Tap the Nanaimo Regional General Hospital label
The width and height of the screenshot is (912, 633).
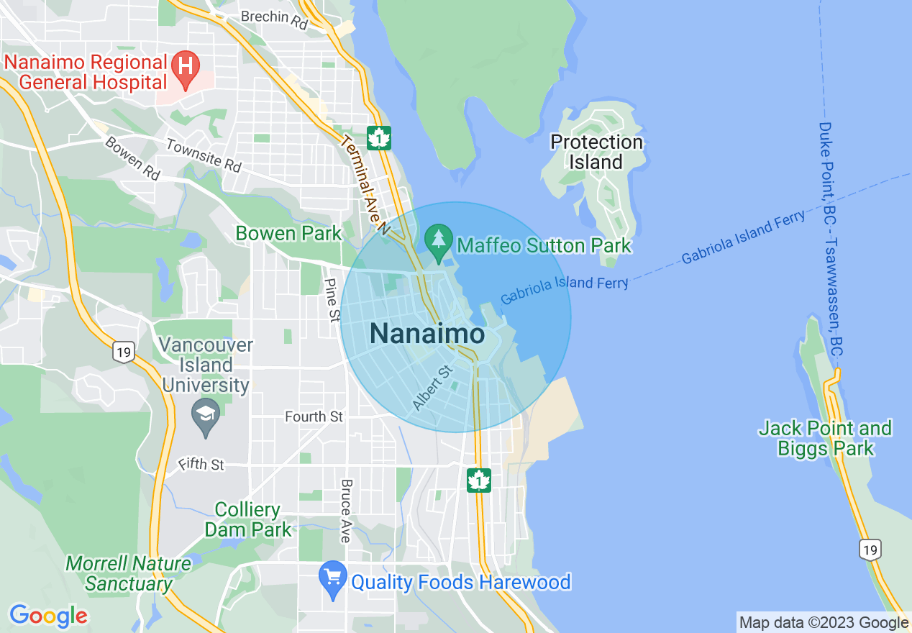tap(86, 72)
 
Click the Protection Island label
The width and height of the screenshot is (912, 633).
tap(596, 152)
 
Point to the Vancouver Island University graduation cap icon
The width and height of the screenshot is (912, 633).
tap(206, 415)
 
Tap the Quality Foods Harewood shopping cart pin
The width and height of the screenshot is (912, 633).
tap(333, 578)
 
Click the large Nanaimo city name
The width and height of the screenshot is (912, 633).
tap(427, 334)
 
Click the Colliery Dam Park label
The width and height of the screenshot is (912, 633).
tap(248, 520)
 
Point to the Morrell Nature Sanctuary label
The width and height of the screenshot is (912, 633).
tap(129, 573)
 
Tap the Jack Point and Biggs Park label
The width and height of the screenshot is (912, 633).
tap(825, 439)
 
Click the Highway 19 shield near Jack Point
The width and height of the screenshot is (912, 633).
tap(870, 550)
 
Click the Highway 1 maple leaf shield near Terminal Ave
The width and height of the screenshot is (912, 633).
tap(378, 137)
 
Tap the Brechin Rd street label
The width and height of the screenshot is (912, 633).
tap(274, 17)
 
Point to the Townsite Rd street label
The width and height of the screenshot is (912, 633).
tap(204, 155)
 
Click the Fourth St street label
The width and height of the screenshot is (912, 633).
tap(314, 416)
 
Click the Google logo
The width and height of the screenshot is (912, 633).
tap(48, 616)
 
